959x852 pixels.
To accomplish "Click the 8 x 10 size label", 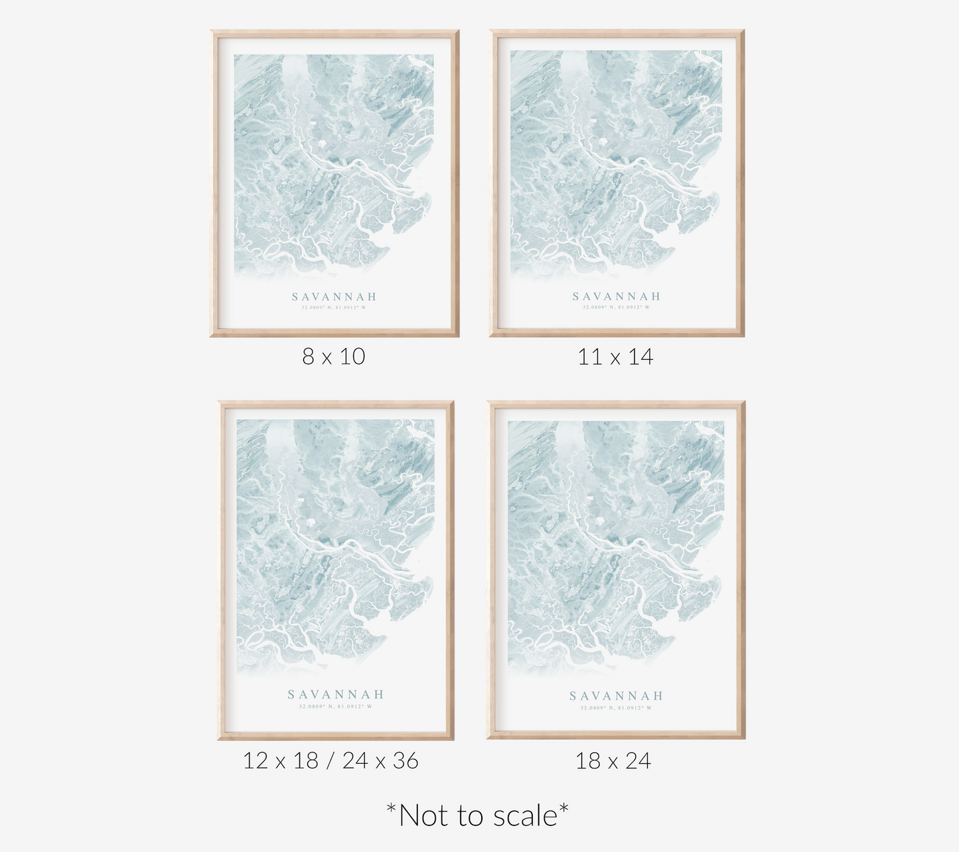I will click(334, 357).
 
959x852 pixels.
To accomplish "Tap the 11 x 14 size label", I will click(615, 357).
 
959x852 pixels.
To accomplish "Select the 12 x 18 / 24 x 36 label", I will click(331, 760).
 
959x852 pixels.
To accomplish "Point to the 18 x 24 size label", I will click(613, 760).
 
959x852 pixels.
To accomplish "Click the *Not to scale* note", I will click(478, 815).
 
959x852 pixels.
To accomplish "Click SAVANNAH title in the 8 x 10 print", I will click(334, 297).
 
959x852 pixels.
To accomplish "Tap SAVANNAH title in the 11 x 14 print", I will click(617, 296).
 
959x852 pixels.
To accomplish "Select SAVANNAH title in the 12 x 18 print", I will click(336, 695).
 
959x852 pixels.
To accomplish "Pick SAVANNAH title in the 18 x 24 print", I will click(617, 696).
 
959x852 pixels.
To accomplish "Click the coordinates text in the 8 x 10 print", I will click(334, 307).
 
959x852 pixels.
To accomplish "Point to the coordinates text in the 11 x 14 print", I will click(617, 307).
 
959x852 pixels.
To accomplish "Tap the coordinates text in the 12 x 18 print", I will click(336, 707).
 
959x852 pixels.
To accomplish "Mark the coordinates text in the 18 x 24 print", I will click(617, 708).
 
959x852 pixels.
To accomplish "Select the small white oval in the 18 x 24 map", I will click(601, 523).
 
